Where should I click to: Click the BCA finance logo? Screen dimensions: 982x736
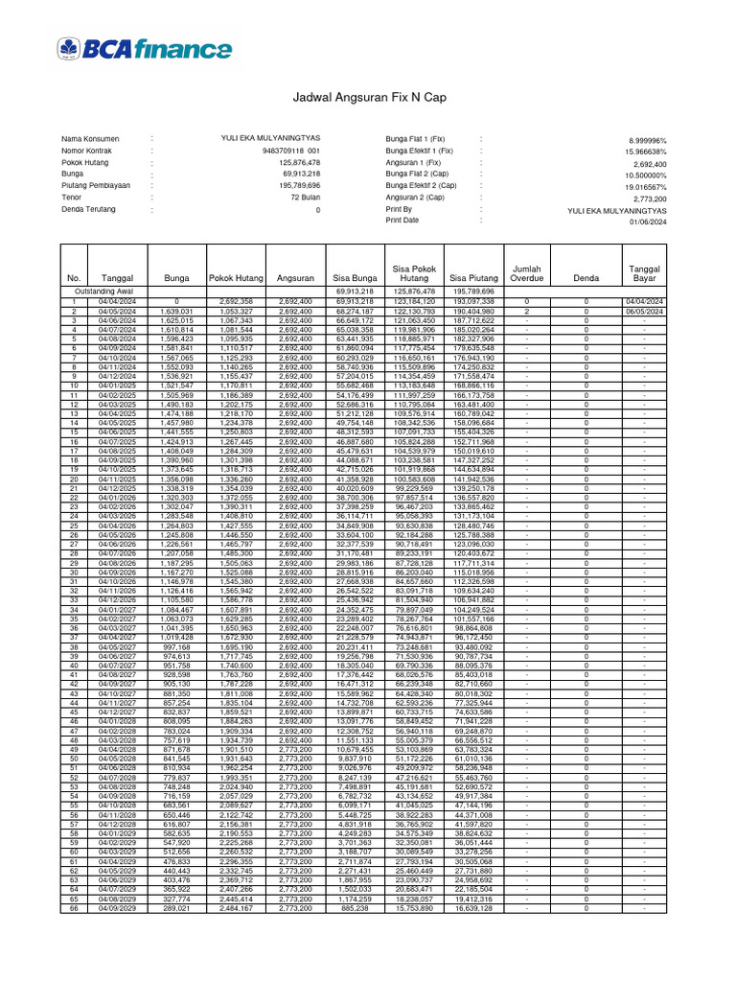(x=144, y=49)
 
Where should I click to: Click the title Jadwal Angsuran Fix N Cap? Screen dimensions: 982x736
(x=367, y=98)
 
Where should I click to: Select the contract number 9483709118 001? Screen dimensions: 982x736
(x=290, y=151)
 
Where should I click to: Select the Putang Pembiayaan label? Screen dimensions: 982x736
(x=96, y=185)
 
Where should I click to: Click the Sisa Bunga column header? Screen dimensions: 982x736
(x=353, y=278)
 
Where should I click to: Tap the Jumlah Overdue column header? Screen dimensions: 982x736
(x=527, y=273)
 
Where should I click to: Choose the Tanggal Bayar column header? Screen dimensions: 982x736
(x=644, y=273)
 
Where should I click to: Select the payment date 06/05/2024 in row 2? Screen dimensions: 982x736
(x=644, y=311)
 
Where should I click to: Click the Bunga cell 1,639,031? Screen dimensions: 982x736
(x=177, y=311)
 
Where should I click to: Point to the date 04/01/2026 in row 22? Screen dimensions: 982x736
(x=117, y=498)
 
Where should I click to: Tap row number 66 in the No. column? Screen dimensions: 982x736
(x=73, y=909)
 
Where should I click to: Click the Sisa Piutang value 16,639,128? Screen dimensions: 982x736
(x=473, y=909)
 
